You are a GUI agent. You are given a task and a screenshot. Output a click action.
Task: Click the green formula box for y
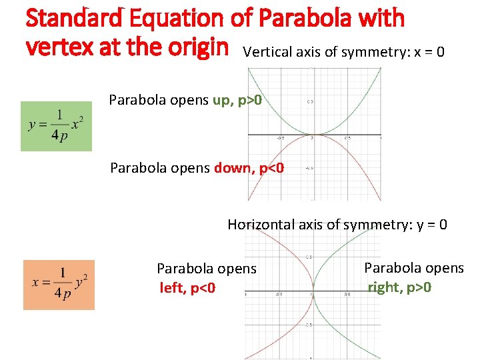point(56,126)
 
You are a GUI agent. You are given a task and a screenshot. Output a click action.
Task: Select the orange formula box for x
point(59,285)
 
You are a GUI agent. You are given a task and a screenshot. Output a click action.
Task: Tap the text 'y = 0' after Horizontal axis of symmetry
point(432,225)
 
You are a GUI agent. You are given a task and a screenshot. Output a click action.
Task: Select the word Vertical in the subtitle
point(266,52)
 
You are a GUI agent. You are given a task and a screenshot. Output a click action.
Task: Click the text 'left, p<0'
point(187,289)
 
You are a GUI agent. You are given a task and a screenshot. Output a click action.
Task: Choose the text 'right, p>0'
point(400,287)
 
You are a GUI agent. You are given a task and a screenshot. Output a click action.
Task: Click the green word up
point(221,101)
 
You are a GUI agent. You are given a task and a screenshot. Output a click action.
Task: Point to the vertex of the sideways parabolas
point(312,291)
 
